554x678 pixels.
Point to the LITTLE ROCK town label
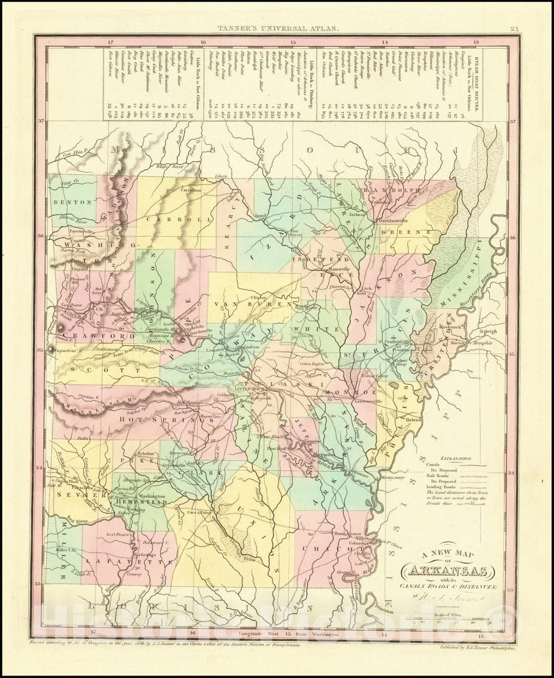248,389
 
